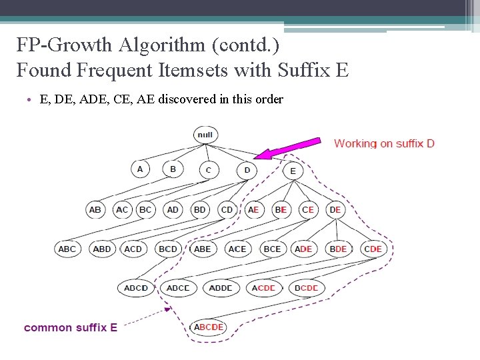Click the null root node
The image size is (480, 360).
pyautogui.click(x=205, y=135)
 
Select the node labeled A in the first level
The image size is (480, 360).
pyautogui.click(x=139, y=169)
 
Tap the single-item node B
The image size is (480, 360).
pyautogui.click(x=173, y=169)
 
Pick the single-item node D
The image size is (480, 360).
pyautogui.click(x=247, y=171)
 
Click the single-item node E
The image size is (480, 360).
pyautogui.click(x=293, y=171)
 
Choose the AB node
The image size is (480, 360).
pyautogui.click(x=95, y=209)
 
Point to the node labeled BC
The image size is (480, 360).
pyautogui.click(x=145, y=209)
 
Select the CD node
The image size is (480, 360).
pyautogui.click(x=227, y=209)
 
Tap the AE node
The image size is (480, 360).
pyautogui.click(x=253, y=209)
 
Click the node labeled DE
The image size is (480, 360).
pyautogui.click(x=335, y=209)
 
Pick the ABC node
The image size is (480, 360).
pyautogui.click(x=67, y=249)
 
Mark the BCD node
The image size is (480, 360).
pyautogui.click(x=168, y=249)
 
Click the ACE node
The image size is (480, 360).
pyautogui.click(x=237, y=249)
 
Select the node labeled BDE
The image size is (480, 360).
pyautogui.click(x=338, y=249)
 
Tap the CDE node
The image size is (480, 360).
pyautogui.click(x=373, y=249)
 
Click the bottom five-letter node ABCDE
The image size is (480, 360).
pyautogui.click(x=207, y=327)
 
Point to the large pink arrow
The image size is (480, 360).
pyautogui.click(x=287, y=149)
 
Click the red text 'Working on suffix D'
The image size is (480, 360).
pyautogui.click(x=384, y=143)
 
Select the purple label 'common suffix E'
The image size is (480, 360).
pyautogui.click(x=71, y=327)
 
